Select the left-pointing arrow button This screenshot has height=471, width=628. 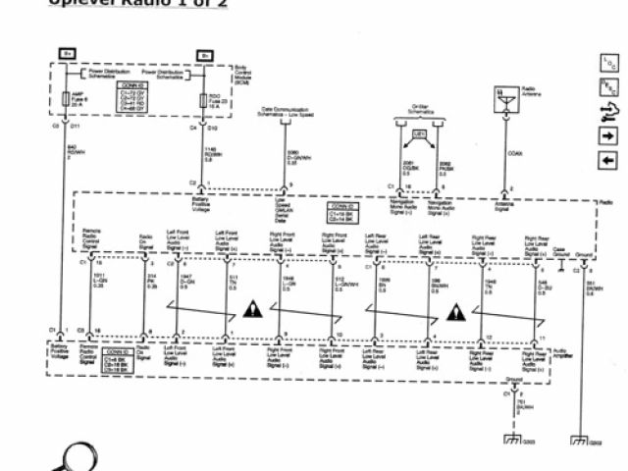607,160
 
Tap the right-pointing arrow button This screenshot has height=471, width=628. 607,135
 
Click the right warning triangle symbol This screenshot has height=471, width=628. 455,310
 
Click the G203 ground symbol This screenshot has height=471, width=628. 510,440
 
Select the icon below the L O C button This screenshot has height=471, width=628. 607,86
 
